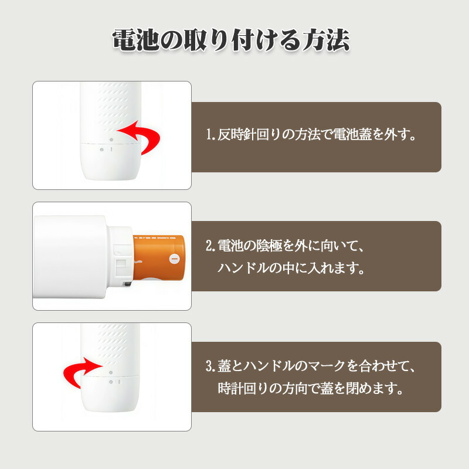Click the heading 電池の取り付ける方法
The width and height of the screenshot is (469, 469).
(x=231, y=40)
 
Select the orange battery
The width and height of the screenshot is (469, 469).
(x=159, y=258)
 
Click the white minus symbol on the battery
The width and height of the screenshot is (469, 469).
(x=174, y=258)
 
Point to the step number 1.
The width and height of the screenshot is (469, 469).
(x=210, y=135)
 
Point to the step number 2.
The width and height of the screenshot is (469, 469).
(x=210, y=246)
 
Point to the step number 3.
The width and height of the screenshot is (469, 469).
(x=210, y=366)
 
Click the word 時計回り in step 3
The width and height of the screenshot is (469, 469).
(x=243, y=389)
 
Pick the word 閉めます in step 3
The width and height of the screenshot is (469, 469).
(x=374, y=389)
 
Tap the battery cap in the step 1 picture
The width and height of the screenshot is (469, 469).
(x=111, y=162)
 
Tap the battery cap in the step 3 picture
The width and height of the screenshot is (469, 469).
(x=110, y=394)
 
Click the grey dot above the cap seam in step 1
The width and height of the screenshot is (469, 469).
(x=111, y=140)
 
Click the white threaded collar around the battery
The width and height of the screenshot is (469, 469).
(x=120, y=257)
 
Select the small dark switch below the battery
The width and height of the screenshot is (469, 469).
(x=127, y=284)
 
